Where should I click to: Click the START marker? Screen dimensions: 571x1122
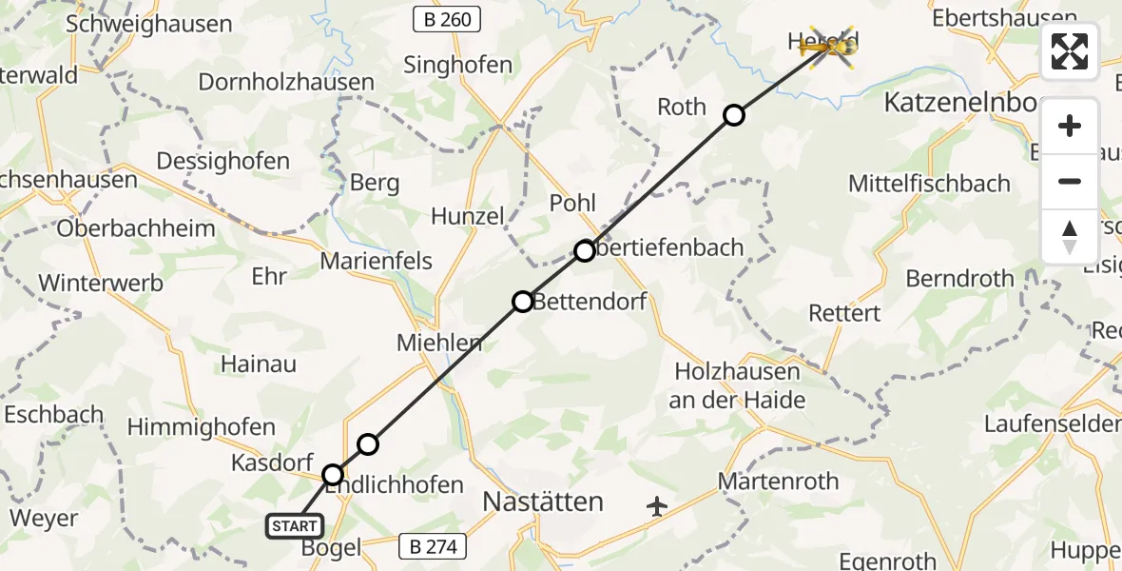click(x=295, y=526)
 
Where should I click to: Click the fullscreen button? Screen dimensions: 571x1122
click(x=1070, y=51)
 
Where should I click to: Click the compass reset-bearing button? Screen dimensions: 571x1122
click(x=1070, y=237)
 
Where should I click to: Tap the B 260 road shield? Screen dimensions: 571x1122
click(x=447, y=18)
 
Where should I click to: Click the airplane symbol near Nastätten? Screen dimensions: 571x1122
click(x=657, y=506)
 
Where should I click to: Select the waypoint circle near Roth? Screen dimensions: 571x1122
click(x=734, y=115)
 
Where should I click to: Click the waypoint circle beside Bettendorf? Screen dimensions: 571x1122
click(x=523, y=302)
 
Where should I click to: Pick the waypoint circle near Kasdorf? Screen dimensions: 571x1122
click(x=333, y=474)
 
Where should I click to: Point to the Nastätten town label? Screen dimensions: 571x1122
click(x=543, y=502)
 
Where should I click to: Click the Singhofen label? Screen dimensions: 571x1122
click(x=457, y=66)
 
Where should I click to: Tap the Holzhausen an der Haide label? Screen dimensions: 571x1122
click(x=738, y=385)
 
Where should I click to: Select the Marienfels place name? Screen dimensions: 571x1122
click(x=377, y=261)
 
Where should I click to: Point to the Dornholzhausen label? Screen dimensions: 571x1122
click(x=286, y=82)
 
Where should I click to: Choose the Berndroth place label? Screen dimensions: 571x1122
click(x=959, y=279)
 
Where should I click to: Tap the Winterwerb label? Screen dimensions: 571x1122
click(x=101, y=283)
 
